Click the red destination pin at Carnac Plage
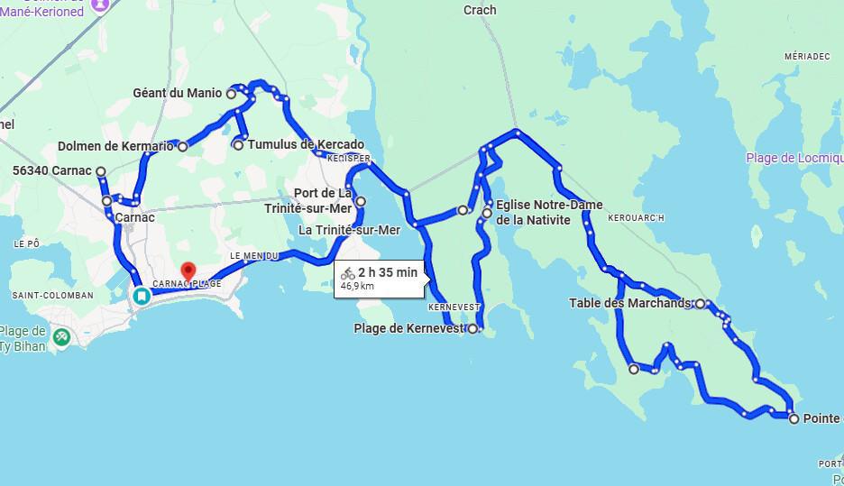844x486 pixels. pyautogui.click(x=188, y=271)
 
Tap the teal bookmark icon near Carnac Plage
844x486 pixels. pyautogui.click(x=142, y=296)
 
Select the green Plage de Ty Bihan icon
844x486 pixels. pyautogui.click(x=61, y=337)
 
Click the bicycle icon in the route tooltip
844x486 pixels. pyautogui.click(x=347, y=273)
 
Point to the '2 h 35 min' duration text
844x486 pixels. pyautogui.click(x=387, y=272)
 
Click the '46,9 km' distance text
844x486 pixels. pyautogui.click(x=357, y=286)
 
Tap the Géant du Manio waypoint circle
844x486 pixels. pyautogui.click(x=231, y=93)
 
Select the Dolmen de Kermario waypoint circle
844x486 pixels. pyautogui.click(x=182, y=146)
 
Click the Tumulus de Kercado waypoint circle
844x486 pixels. pyautogui.click(x=238, y=144)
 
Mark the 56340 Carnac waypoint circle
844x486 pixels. pyautogui.click(x=101, y=171)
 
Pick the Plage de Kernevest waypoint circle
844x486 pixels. pyautogui.click(x=472, y=329)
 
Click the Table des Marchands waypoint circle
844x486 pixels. pyautogui.click(x=700, y=304)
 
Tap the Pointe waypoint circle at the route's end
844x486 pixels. pyautogui.click(x=793, y=418)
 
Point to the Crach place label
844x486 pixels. pyautogui.click(x=480, y=11)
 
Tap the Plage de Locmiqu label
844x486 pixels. pyautogui.click(x=794, y=158)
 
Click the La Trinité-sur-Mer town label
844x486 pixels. pyautogui.click(x=349, y=230)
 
